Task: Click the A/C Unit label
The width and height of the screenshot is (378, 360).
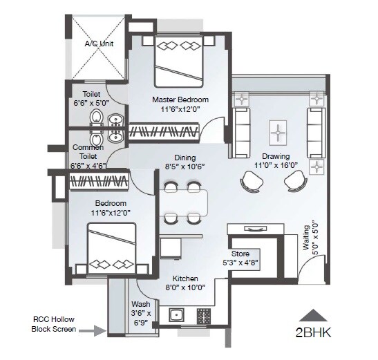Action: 99,44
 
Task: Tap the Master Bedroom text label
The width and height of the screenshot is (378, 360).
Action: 180,100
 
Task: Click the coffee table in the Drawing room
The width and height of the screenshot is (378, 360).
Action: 277,131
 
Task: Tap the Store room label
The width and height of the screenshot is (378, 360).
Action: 240,254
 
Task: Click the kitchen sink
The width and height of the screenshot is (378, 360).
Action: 177,316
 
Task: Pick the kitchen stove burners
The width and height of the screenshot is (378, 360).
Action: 204,316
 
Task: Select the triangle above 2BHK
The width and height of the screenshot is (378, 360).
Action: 314,314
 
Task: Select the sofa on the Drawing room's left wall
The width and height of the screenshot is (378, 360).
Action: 243,124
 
